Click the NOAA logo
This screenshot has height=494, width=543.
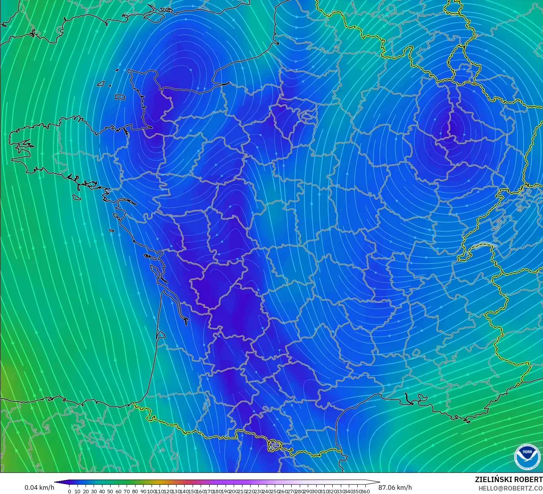526,457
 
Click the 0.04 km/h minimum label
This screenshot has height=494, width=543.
39,487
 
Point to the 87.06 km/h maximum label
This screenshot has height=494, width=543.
395,487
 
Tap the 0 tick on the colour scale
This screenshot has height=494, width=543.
69,491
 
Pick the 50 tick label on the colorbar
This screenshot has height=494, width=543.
110,491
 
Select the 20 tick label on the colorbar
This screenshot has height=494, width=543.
86,491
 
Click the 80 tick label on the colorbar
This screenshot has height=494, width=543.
135,491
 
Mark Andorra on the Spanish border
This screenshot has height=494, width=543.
275,445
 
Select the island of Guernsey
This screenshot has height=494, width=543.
101,83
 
